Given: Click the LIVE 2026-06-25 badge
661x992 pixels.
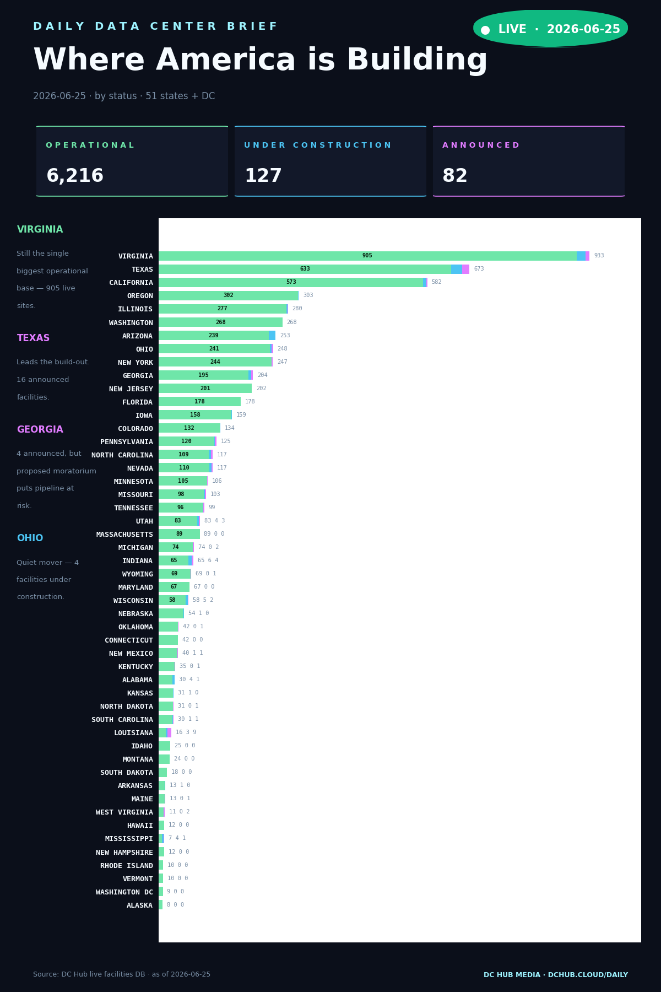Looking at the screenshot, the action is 550,29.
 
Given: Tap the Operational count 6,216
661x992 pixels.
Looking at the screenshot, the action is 75,176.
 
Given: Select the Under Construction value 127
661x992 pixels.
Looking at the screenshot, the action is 263,176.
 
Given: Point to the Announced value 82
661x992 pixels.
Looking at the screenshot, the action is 455,176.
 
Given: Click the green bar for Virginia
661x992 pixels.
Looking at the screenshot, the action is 367,256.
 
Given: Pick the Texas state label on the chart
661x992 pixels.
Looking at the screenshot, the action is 142,269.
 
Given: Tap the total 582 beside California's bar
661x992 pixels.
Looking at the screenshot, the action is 436,282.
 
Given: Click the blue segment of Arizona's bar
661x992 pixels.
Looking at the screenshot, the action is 272,336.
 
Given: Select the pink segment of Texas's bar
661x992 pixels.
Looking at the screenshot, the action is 466,269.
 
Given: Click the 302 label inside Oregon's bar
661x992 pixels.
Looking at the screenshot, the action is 228,295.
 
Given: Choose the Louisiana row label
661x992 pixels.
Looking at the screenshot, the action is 133,733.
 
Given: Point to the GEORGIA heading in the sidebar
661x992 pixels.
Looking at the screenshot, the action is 40,430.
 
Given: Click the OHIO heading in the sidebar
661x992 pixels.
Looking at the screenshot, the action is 30,538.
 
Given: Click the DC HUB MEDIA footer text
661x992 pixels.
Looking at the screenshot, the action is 556,975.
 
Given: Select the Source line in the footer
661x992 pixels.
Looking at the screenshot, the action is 122,974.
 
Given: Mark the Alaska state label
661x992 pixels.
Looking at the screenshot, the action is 140,905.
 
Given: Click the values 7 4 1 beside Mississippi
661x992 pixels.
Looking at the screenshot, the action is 177,838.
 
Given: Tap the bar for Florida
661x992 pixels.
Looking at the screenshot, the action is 199,402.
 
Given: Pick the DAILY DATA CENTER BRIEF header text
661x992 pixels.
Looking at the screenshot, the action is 155,26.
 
